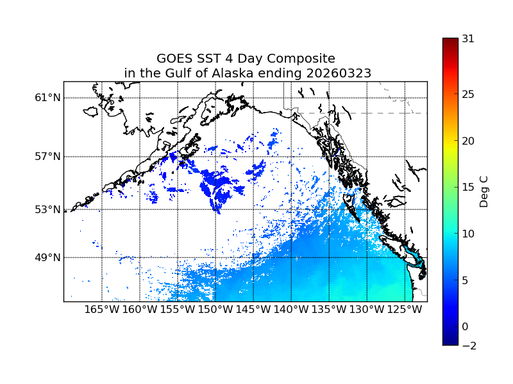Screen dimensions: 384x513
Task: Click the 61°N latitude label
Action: click(x=47, y=98)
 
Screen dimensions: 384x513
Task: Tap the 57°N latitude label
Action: click(x=47, y=157)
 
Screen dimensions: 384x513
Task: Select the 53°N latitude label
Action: click(x=47, y=209)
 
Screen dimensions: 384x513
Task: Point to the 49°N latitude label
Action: click(x=47, y=257)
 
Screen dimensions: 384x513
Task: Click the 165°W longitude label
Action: click(x=102, y=310)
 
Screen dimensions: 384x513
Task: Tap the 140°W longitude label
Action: click(x=291, y=310)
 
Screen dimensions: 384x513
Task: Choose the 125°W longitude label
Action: click(x=405, y=310)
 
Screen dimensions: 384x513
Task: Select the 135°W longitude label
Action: click(x=329, y=310)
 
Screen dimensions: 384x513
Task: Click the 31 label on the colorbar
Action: click(x=468, y=38)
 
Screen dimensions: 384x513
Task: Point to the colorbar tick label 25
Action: click(x=468, y=95)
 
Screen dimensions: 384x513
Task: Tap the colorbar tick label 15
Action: click(x=468, y=188)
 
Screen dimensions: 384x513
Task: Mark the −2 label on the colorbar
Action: click(x=468, y=346)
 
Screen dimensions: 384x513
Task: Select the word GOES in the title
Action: click(x=174, y=59)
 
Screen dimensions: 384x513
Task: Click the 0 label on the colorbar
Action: click(x=465, y=326)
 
